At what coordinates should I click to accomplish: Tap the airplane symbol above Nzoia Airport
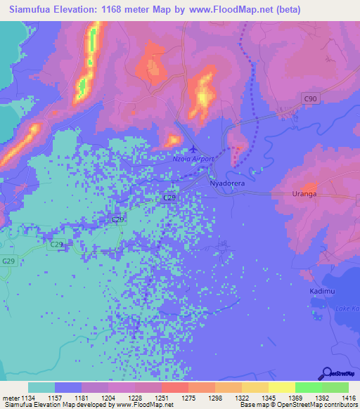[194, 149]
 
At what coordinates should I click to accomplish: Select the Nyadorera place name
[228, 181]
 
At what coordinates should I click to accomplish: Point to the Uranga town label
[304, 193]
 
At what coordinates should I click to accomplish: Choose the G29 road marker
[8, 261]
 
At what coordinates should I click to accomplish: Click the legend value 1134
[27, 398]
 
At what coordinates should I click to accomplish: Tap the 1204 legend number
[108, 398]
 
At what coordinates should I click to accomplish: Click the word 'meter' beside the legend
[10, 398]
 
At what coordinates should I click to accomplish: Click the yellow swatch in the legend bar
[281, 387]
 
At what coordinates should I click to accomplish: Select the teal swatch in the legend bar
[41, 387]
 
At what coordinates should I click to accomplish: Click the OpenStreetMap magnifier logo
[326, 373]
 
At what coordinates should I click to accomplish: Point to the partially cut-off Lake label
[347, 309]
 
